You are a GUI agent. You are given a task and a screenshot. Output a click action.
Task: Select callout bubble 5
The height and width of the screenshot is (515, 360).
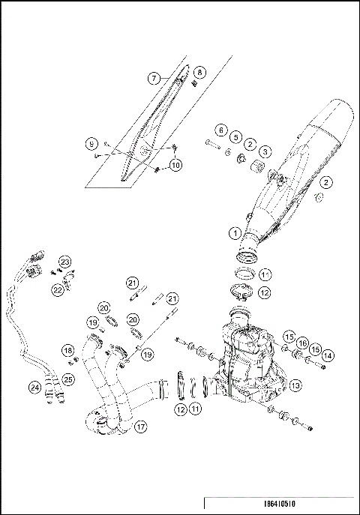pyautogui.click(x=235, y=137)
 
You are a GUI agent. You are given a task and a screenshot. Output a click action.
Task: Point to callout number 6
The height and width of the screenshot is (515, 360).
pyautogui.click(x=222, y=130)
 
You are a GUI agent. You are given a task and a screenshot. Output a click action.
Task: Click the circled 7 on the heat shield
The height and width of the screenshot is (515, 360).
pyautogui.click(x=152, y=77)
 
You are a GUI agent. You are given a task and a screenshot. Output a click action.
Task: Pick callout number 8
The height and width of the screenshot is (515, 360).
pyautogui.click(x=199, y=72)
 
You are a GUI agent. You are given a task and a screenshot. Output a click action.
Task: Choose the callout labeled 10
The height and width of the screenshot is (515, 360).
pyautogui.click(x=175, y=164)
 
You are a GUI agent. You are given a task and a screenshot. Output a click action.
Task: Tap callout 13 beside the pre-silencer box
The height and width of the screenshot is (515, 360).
pyautogui.click(x=295, y=386)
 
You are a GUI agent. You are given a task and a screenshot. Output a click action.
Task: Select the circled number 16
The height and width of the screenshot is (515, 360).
pyautogui.click(x=302, y=343)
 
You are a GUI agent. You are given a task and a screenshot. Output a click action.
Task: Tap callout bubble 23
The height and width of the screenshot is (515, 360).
pyautogui.click(x=65, y=261)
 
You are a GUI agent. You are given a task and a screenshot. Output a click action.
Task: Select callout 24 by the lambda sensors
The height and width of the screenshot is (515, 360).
pyautogui.click(x=34, y=388)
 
